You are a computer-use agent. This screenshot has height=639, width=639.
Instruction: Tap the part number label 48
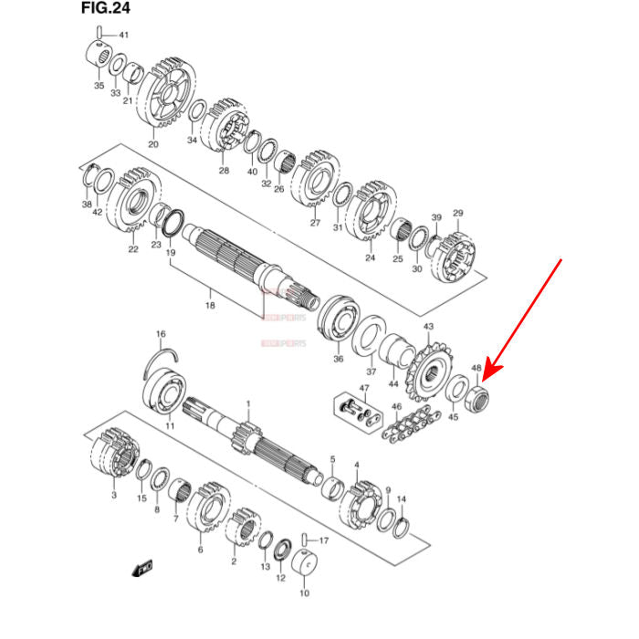point(477,369)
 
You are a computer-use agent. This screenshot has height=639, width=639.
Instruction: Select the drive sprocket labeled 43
point(430,370)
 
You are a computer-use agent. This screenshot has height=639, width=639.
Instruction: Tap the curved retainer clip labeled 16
point(162,355)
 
